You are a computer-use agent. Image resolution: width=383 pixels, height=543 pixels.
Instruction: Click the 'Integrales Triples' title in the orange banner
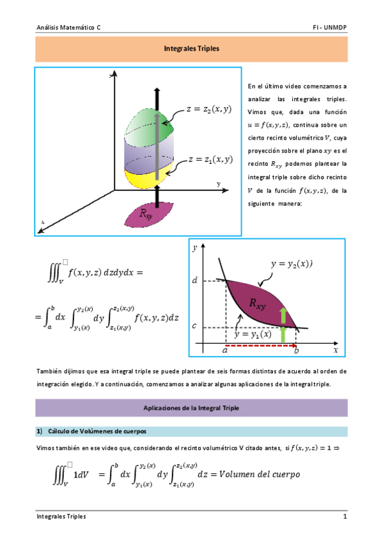tap(191, 48)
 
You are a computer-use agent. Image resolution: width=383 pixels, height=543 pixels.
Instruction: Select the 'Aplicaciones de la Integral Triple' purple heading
tap(191, 408)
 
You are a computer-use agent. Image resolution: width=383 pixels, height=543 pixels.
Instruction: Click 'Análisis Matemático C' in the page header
tap(68, 28)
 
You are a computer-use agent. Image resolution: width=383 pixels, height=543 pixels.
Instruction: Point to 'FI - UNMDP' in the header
tap(329, 28)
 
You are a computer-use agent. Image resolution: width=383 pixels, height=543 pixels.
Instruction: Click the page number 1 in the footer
tap(345, 516)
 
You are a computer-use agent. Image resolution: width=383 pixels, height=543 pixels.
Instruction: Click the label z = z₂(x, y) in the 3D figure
tap(208, 109)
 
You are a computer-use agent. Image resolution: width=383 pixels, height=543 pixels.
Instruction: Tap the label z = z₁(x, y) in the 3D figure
tap(210, 159)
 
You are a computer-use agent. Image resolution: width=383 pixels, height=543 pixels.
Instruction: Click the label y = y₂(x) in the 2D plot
tap(292, 263)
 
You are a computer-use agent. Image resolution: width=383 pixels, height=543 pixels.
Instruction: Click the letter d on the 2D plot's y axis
tap(194, 280)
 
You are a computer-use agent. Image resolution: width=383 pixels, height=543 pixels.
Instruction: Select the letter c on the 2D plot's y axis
tap(194, 326)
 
